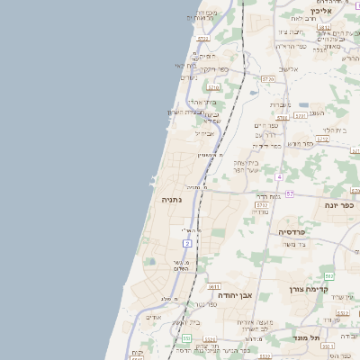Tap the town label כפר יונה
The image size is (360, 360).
338,205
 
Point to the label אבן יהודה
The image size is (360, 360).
234,294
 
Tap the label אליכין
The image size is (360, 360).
321,12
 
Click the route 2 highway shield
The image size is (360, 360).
187,243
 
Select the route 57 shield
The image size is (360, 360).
290,193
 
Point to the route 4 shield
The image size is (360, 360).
279,175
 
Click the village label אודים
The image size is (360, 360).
154,317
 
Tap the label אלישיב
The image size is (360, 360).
288,69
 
